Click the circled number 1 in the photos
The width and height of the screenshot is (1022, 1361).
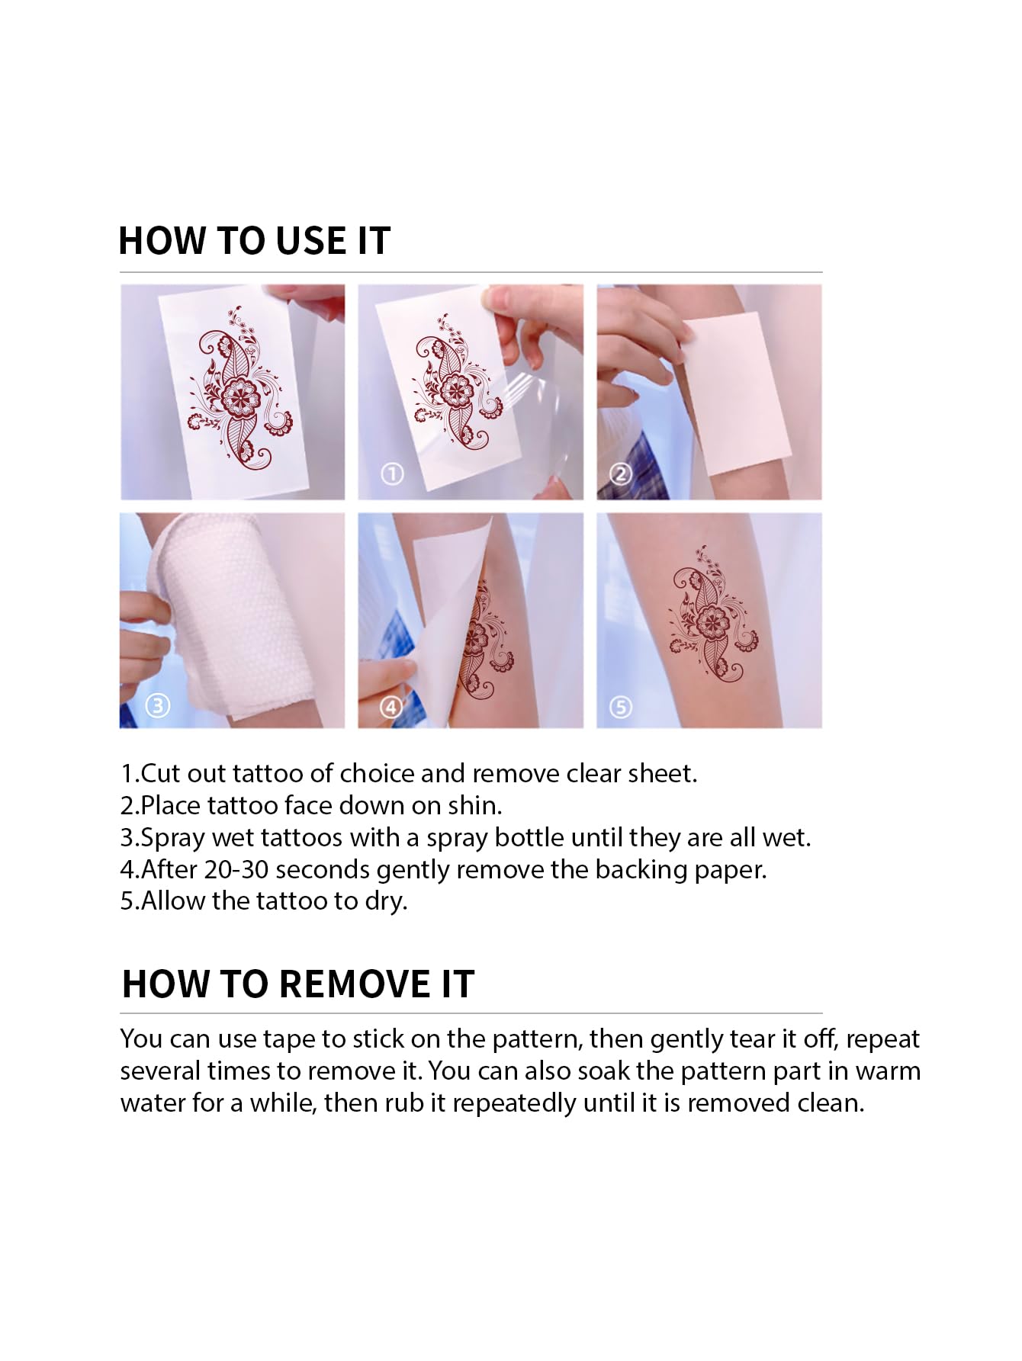(x=392, y=474)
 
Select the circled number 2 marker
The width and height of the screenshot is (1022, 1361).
(x=621, y=474)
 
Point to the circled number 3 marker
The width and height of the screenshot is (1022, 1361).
(x=157, y=705)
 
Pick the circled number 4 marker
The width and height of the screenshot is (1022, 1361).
(x=391, y=707)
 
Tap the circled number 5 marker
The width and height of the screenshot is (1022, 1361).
(x=620, y=707)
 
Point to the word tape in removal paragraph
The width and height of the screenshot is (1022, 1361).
(x=290, y=1040)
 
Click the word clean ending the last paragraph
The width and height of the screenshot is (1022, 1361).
(x=830, y=1103)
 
